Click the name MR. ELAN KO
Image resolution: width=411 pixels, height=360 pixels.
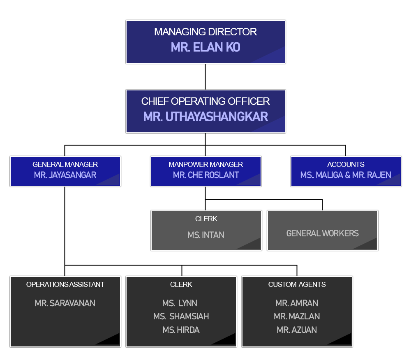click(x=205, y=47)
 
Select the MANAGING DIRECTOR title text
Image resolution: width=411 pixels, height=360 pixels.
click(x=205, y=32)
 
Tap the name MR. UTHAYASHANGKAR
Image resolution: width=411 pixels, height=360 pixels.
click(x=205, y=117)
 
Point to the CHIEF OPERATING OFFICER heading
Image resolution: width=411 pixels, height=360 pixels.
click(x=205, y=101)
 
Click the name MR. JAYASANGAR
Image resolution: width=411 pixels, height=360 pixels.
click(x=65, y=175)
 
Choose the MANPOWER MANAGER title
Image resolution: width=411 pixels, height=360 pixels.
click(x=205, y=164)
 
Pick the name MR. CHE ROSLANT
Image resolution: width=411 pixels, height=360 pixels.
click(x=206, y=175)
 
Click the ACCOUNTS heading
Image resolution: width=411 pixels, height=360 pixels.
click(x=346, y=164)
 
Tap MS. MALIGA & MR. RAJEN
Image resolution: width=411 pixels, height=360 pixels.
click(x=346, y=175)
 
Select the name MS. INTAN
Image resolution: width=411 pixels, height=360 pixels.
click(x=206, y=235)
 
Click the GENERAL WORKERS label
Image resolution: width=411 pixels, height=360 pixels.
click(x=322, y=233)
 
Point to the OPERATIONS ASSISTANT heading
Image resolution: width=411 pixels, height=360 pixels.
click(x=65, y=284)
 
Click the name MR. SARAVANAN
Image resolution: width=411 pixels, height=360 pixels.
click(x=65, y=303)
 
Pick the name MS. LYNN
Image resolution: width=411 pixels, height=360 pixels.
click(x=180, y=303)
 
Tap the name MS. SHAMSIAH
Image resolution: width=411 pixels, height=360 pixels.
click(x=181, y=316)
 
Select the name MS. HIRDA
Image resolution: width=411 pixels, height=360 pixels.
click(x=181, y=330)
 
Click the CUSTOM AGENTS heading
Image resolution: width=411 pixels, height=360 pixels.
click(x=297, y=284)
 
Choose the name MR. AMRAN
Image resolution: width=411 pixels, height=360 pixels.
click(x=297, y=303)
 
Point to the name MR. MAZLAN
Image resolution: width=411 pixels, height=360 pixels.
click(x=297, y=316)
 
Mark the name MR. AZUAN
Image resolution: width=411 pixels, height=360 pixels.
click(x=297, y=330)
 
